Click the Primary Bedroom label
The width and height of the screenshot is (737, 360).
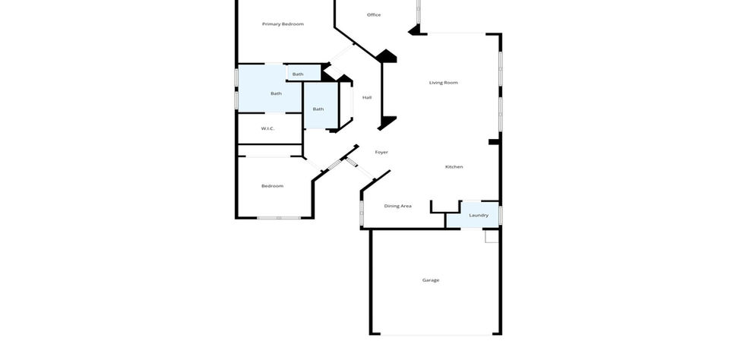(283, 24)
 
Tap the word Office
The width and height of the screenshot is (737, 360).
(374, 15)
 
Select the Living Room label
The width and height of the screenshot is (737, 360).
(443, 83)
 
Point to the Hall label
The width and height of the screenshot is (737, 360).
(367, 98)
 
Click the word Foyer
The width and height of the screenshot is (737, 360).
(381, 152)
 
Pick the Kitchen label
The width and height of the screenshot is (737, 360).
(454, 167)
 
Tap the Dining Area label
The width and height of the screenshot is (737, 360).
(397, 206)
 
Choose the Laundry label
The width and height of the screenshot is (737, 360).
(479, 215)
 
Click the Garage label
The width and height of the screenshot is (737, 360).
(431, 280)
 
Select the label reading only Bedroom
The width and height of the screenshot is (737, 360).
(272, 186)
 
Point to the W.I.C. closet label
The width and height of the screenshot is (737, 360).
(267, 129)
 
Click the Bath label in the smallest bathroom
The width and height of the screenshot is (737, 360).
(298, 74)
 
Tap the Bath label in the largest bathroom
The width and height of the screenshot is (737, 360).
(276, 93)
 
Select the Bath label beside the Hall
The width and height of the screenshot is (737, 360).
(318, 109)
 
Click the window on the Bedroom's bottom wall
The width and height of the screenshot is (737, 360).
(279, 218)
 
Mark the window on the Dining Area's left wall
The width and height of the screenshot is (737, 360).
(362, 213)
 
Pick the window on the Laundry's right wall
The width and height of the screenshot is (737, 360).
(501, 215)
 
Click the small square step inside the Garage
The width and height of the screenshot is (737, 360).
(491, 236)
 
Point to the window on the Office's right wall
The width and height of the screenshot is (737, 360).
(419, 11)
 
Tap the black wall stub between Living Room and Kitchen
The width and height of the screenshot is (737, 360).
(494, 142)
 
